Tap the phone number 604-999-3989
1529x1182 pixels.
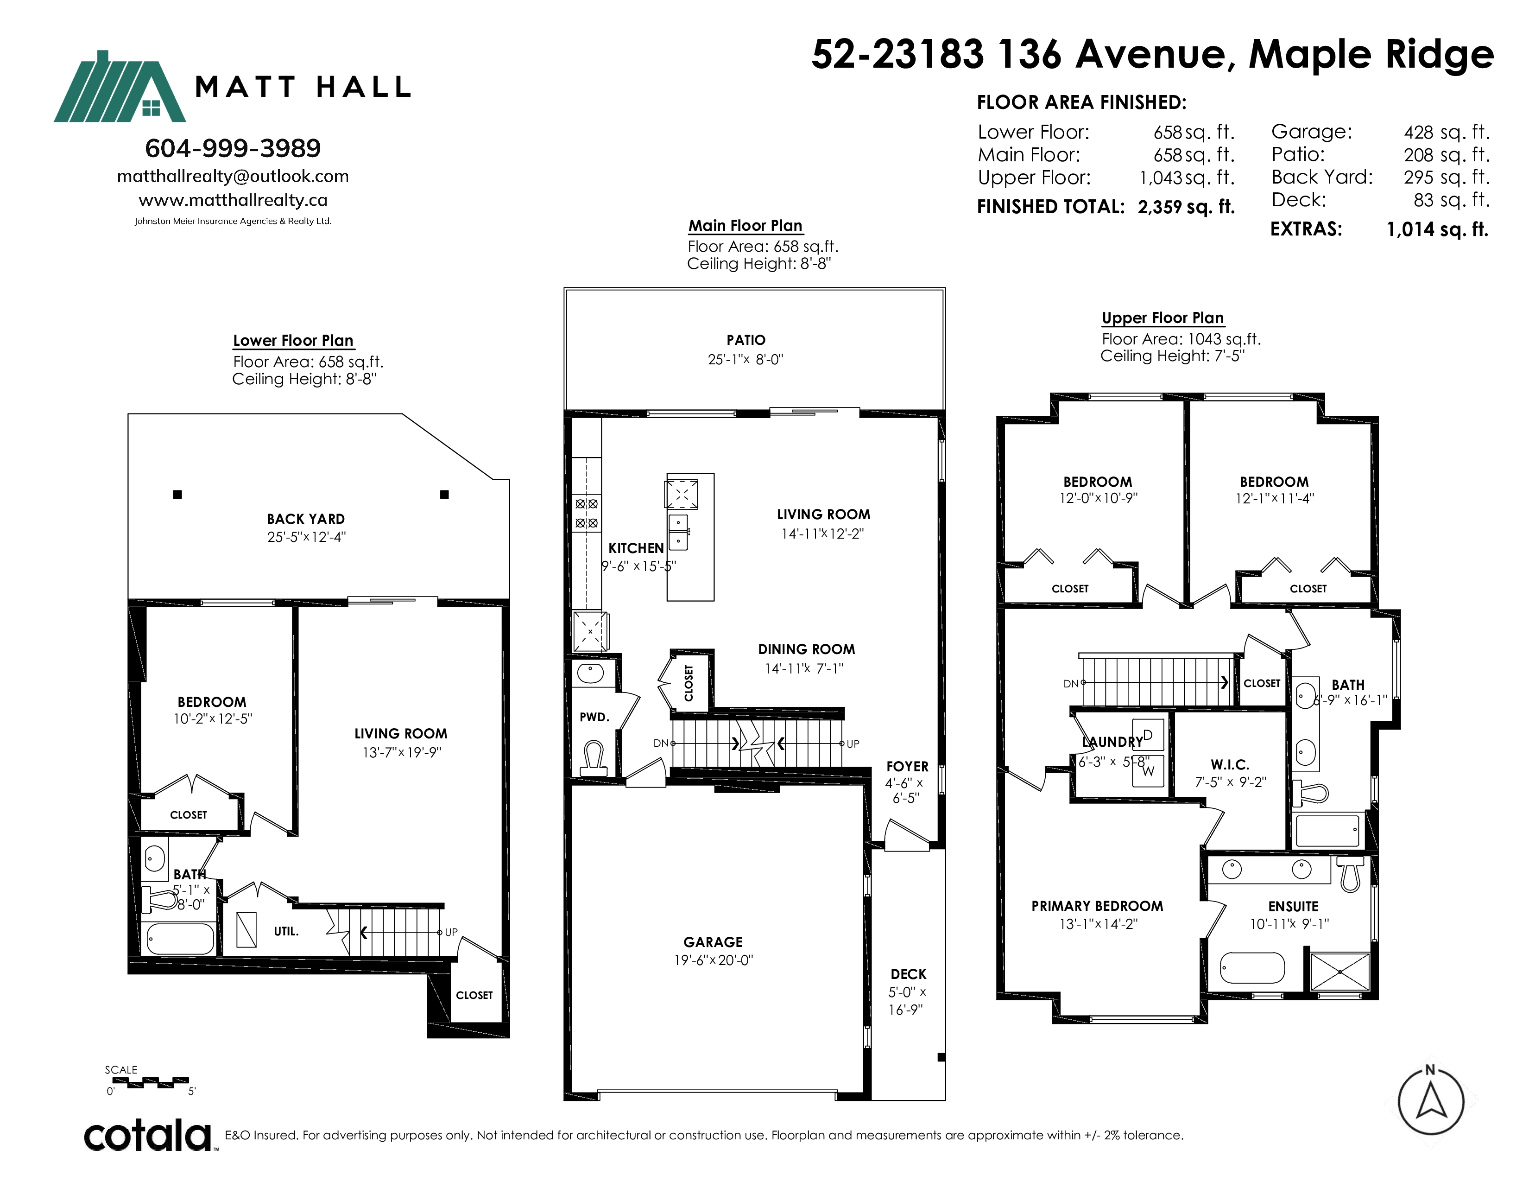(233, 148)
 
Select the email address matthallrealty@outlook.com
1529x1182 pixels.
(233, 177)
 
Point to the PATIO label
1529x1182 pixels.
(746, 340)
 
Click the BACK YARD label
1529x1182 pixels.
(305, 519)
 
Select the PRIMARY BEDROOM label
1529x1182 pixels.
(1097, 906)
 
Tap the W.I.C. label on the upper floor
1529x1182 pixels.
(1230, 765)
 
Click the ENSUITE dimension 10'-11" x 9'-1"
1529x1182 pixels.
(1289, 924)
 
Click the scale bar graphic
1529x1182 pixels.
(151, 1082)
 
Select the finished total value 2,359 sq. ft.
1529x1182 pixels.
(1186, 207)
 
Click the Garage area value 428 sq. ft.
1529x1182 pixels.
(1447, 133)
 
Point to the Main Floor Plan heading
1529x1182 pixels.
(745, 225)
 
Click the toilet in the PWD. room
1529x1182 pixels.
(594, 758)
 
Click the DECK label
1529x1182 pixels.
(908, 974)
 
